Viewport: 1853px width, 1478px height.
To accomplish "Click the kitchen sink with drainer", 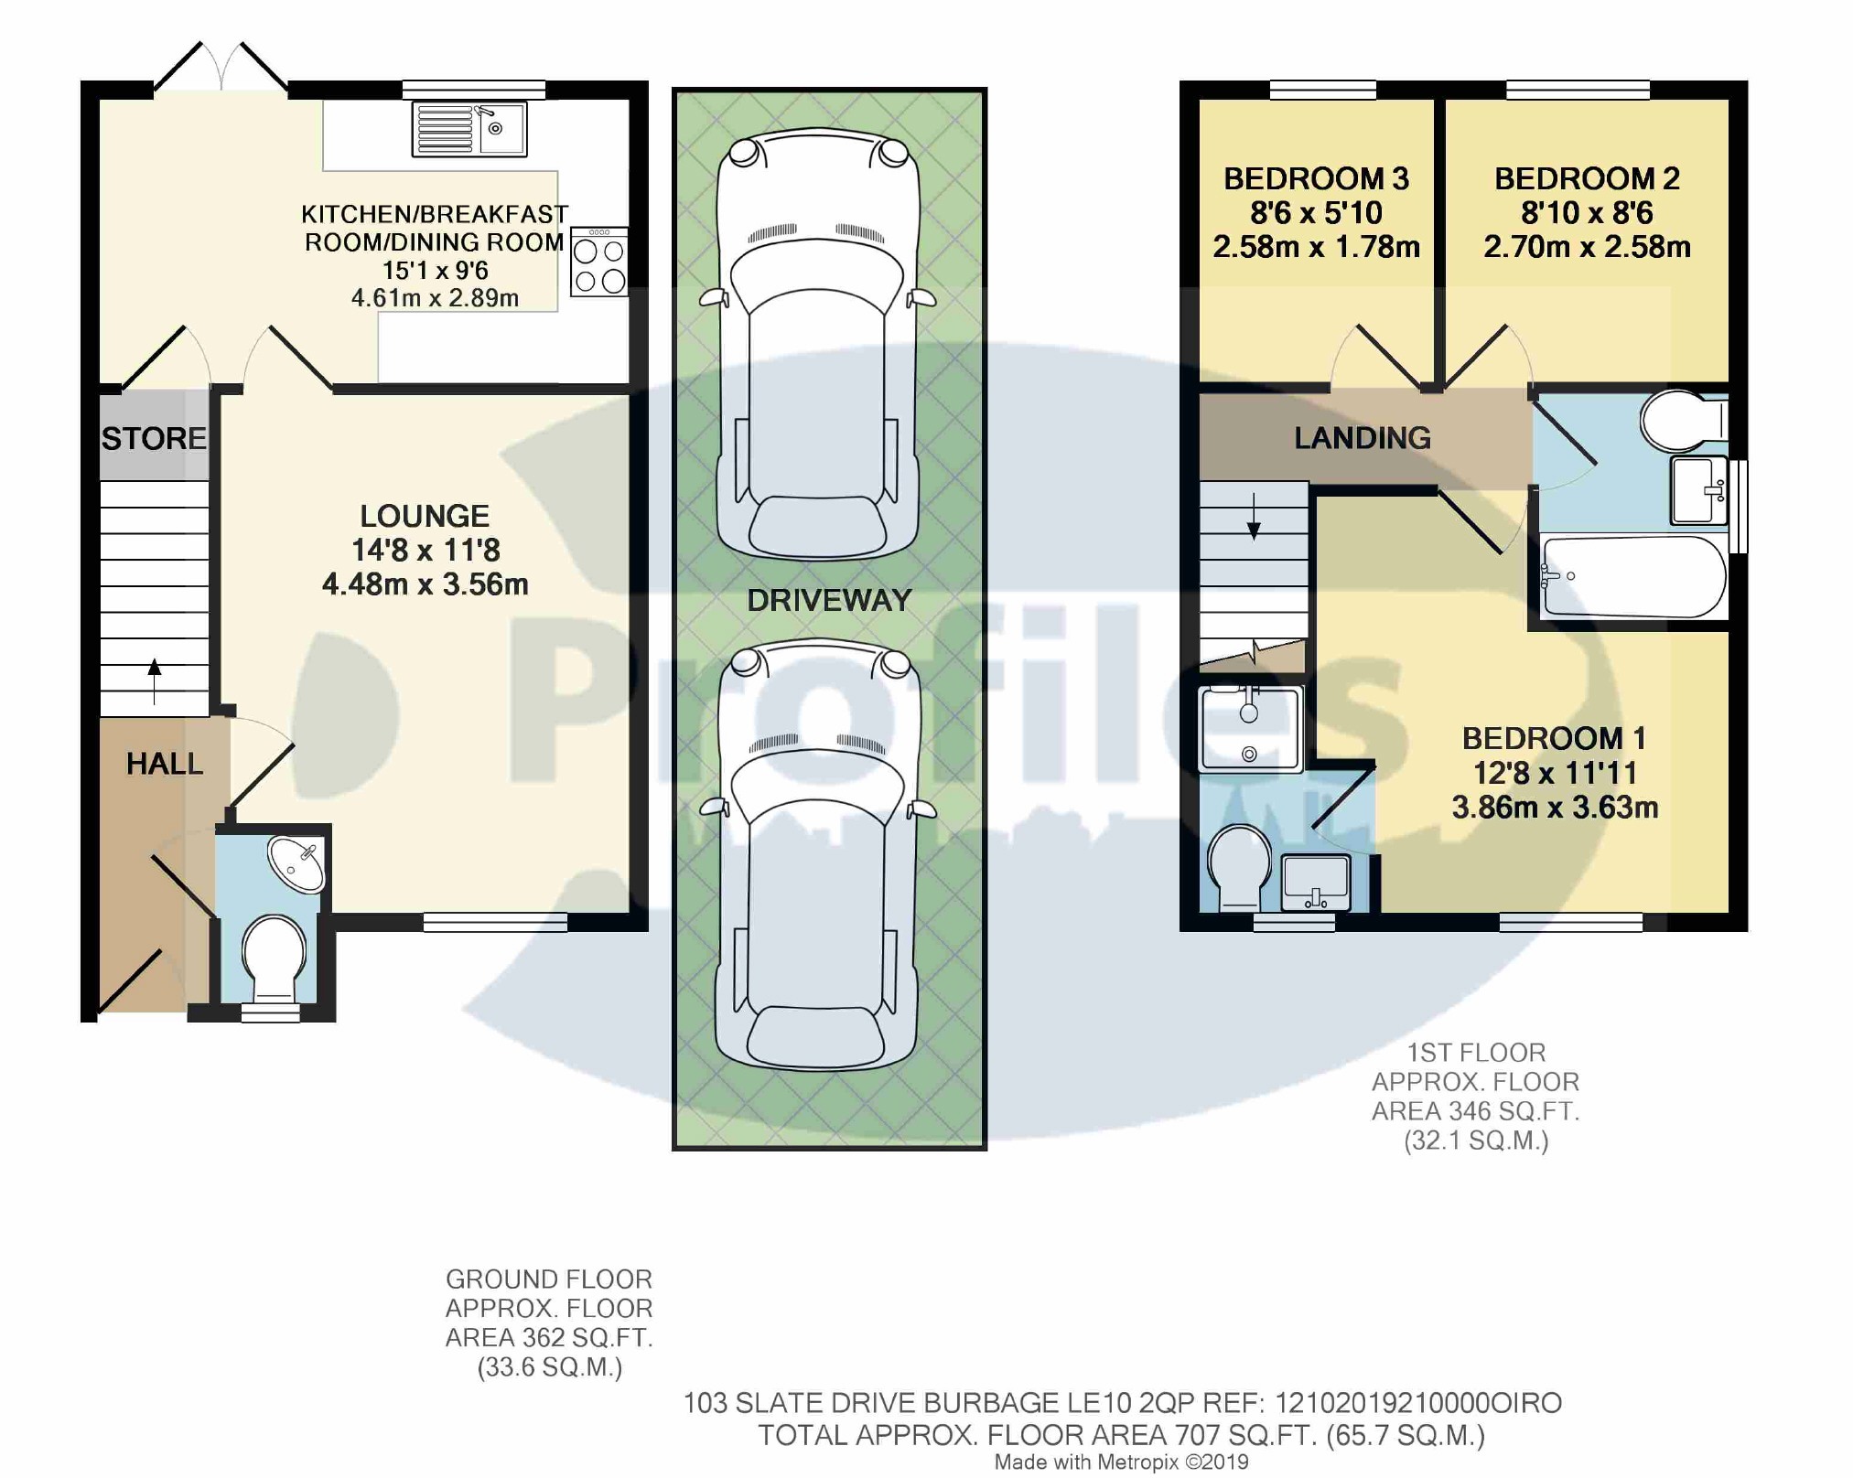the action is click(469, 128).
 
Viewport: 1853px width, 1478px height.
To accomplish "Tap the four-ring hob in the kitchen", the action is click(599, 262).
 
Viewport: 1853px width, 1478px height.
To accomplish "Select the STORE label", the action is click(154, 439).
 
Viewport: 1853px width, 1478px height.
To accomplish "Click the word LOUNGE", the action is click(425, 516).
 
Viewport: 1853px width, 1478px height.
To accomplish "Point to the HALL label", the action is click(165, 764).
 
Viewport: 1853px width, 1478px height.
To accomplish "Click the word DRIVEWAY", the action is click(829, 600).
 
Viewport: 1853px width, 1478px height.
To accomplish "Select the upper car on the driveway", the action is click(817, 344).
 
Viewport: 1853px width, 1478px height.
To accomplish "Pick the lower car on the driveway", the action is click(817, 856).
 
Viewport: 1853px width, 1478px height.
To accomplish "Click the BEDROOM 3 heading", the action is click(1316, 178).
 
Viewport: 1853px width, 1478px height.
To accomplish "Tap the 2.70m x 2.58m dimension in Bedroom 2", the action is click(1587, 247).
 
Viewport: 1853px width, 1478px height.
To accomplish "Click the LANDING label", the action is click(1363, 438).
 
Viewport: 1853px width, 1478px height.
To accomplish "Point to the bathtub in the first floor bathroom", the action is click(1633, 577).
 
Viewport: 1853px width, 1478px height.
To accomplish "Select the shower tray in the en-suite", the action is click(1250, 729).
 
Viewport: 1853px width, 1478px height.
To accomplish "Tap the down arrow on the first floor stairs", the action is click(1254, 516).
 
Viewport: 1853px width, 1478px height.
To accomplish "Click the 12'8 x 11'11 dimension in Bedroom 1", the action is click(1555, 774).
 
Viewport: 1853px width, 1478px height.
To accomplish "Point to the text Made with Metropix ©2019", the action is click(1121, 1462).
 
